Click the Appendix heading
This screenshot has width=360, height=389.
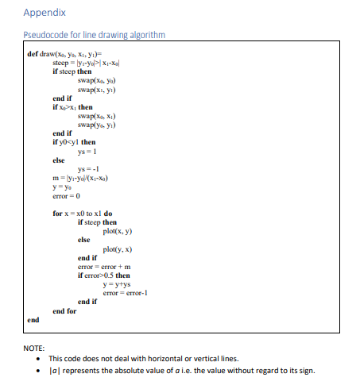pyautogui.click(x=45, y=13)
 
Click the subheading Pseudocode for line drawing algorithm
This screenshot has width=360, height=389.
pyautogui.click(x=93, y=34)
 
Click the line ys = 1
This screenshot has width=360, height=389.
pyautogui.click(x=87, y=152)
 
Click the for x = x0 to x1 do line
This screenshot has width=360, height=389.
pyautogui.click(x=83, y=214)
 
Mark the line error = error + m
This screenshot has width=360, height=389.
pyautogui.click(x=104, y=266)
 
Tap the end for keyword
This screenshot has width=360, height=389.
pyautogui.click(x=66, y=310)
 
